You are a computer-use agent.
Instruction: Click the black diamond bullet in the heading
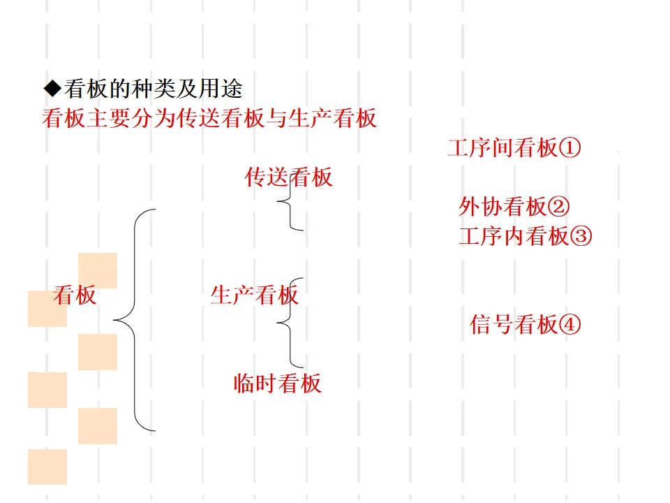[x=53, y=89]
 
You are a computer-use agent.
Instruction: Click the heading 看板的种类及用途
[x=153, y=89]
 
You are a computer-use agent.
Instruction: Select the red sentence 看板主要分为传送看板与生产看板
[x=209, y=118]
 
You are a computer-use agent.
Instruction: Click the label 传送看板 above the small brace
[x=288, y=177]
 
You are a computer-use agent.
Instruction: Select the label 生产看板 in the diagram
[x=254, y=296]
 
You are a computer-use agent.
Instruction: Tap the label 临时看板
[x=277, y=384]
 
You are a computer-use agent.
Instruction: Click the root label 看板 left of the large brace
[x=75, y=296]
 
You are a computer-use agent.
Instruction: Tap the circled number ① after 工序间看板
[x=569, y=148]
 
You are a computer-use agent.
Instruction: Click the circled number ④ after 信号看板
[x=569, y=325]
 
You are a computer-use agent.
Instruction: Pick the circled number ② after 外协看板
[x=558, y=206]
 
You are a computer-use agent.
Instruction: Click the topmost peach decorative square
[x=98, y=271]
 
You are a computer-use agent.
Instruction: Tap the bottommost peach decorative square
[x=47, y=467]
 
